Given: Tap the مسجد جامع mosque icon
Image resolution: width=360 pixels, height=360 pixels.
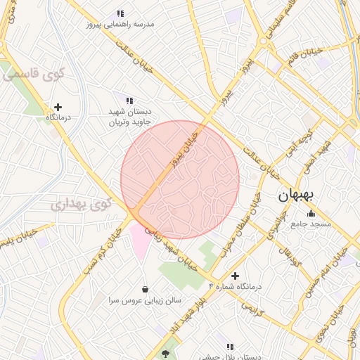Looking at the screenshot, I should click(311, 212).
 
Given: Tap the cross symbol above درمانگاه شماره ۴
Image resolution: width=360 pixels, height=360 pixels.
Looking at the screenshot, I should click(235, 276).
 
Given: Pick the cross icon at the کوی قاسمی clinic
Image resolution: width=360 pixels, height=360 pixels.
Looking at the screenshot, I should click(58, 107).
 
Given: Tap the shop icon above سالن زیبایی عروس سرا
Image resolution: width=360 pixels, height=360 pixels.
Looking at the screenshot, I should click(145, 288).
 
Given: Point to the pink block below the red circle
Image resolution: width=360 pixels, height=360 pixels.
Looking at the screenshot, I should click(140, 240).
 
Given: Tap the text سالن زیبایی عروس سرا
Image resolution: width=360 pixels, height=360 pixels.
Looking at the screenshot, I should click(146, 300).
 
